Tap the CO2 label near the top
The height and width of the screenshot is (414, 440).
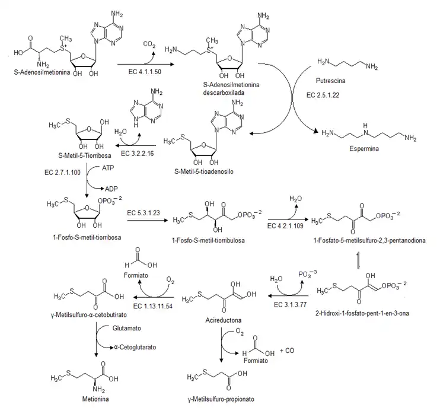pos(149,44)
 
